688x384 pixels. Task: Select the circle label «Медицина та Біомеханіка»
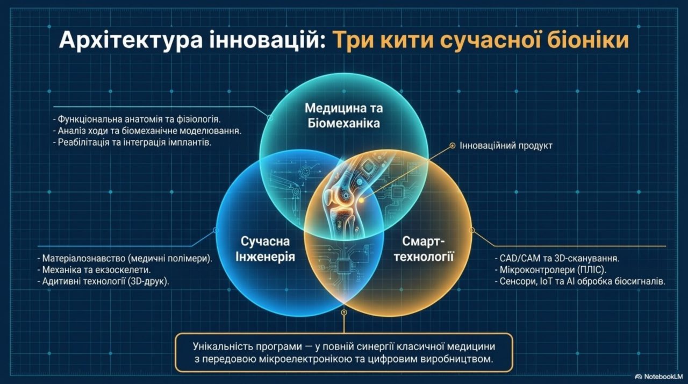point(343,116)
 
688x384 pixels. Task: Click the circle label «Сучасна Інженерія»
point(265,249)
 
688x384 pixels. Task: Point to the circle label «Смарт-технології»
point(424,249)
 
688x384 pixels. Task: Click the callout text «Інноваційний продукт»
point(506,146)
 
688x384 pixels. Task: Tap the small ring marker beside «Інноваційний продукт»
point(452,146)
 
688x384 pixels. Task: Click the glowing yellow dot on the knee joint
point(362,200)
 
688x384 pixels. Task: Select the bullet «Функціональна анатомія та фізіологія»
point(137,119)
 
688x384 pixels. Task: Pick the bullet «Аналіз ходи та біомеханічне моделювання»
point(147,131)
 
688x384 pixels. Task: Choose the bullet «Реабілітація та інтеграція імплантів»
point(132,143)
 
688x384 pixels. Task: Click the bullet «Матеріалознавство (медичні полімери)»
point(125,258)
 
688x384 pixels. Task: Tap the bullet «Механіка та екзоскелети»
point(94,270)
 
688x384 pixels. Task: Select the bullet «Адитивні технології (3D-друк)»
point(104,281)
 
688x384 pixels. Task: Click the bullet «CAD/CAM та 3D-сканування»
point(557,258)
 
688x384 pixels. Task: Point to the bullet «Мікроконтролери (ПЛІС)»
point(551,270)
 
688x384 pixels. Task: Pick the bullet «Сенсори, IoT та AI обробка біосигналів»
point(580,281)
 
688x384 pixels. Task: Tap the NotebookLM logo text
point(663,376)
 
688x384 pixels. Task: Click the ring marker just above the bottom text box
point(344,312)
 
